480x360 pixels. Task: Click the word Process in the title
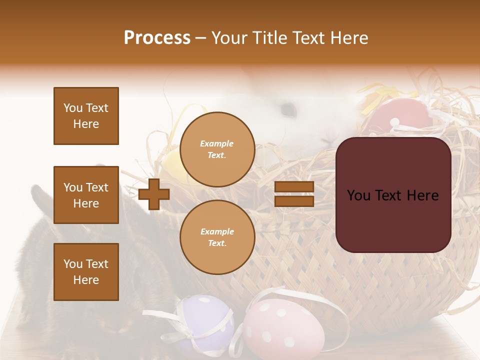click(157, 38)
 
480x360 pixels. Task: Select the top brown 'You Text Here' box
click(86, 116)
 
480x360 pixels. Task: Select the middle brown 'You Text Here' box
click(86, 195)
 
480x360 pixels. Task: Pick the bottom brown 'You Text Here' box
click(86, 271)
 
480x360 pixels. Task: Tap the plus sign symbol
click(153, 194)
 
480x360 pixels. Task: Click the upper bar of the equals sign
click(294, 186)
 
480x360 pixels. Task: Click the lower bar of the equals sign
click(294, 201)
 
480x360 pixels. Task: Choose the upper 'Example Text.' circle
click(217, 149)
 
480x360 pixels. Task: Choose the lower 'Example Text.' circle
click(217, 237)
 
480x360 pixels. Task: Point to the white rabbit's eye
click(287, 108)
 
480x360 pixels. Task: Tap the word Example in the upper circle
click(217, 143)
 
